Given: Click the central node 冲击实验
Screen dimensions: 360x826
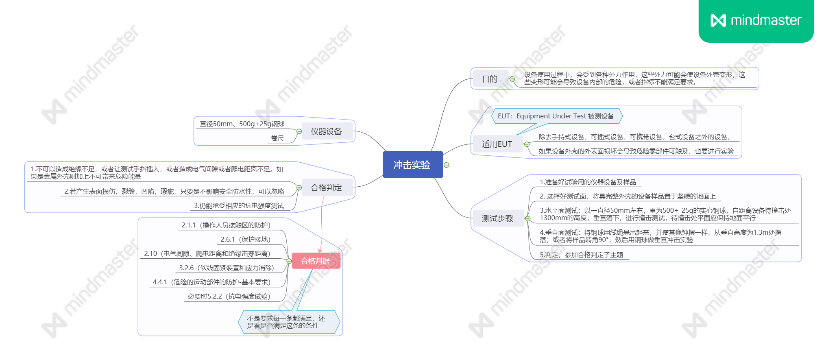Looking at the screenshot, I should click(412, 165).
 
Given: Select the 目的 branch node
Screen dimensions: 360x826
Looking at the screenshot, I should click(490, 79).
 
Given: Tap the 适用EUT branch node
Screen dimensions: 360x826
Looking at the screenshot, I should click(497, 144).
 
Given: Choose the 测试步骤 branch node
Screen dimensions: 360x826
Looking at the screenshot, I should click(497, 218).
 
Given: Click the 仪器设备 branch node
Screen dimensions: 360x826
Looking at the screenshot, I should click(326, 131).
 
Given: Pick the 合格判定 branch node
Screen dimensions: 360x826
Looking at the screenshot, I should click(326, 188).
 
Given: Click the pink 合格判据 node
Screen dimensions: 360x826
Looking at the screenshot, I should click(315, 261).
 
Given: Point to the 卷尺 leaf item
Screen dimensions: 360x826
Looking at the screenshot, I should click(277, 138).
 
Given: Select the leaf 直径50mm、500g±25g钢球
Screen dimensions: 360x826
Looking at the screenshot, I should click(242, 124).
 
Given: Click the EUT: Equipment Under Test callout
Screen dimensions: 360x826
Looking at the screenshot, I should click(556, 116).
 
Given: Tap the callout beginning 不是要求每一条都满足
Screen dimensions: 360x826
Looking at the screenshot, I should click(286, 322).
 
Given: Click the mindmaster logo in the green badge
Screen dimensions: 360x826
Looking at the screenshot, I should click(756, 20).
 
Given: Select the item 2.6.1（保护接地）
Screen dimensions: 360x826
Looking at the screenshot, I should click(245, 239).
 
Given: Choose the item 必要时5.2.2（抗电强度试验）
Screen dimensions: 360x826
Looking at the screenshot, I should click(229, 296).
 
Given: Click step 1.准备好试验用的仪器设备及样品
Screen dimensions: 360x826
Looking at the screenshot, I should click(588, 182).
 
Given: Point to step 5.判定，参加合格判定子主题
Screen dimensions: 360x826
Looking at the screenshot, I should click(581, 255).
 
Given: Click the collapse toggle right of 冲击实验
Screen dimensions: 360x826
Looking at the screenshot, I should click(447, 165).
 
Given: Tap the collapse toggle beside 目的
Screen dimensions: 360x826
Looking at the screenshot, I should click(512, 79).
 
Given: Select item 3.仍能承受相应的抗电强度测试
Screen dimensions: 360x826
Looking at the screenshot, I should click(239, 205).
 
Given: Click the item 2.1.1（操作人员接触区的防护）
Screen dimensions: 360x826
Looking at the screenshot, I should click(226, 225).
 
